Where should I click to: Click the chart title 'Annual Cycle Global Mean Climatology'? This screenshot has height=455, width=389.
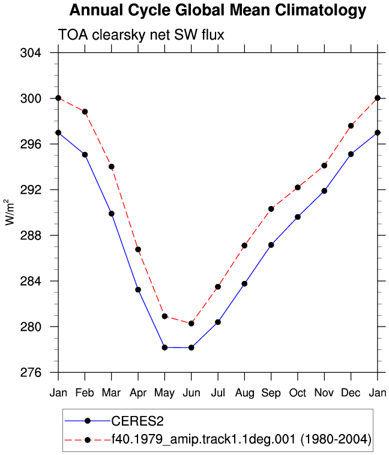pos(218,10)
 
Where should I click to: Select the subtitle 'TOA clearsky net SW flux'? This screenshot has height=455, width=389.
pos(142,35)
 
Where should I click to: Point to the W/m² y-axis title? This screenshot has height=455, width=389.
pos(10,212)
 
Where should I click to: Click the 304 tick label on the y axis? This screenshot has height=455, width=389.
pos(31,53)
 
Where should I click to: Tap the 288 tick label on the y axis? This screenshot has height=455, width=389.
pos(31,235)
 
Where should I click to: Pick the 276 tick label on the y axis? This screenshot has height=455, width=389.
pos(31,372)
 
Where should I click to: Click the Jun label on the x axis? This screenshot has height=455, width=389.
pos(191,393)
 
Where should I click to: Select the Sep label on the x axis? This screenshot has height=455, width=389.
pos(271,393)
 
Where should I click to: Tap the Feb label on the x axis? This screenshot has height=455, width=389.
pos(85,393)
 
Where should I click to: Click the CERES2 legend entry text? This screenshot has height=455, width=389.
pos(137,421)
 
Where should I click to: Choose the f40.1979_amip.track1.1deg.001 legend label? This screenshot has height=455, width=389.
pos(204,439)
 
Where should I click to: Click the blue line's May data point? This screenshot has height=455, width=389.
pos(164,348)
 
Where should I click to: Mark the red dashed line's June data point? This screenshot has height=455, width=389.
pos(191,324)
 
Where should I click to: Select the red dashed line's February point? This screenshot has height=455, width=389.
pos(85,112)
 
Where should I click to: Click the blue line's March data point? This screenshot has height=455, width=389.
pos(112,214)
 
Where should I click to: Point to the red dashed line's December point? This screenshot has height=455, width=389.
pos(351,125)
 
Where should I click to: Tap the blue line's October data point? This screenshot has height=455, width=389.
pos(298,217)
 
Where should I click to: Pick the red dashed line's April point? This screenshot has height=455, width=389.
pos(138,250)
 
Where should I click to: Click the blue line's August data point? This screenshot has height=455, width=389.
pos(244,284)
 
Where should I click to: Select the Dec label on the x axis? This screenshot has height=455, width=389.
pos(351,393)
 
